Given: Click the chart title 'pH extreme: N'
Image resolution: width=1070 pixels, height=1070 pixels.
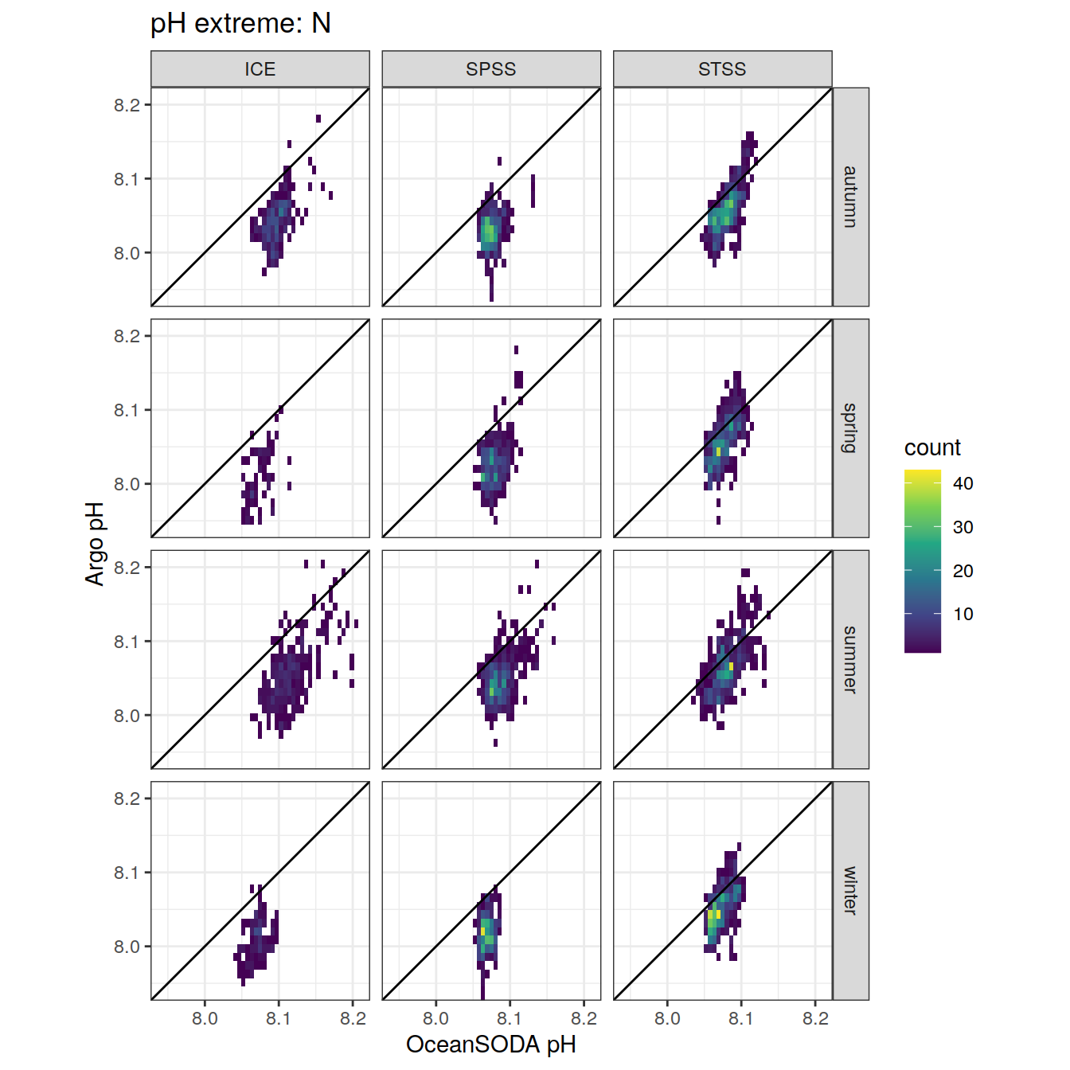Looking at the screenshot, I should click(x=240, y=24).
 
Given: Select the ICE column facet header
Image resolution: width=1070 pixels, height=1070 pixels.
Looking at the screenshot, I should click(x=260, y=69).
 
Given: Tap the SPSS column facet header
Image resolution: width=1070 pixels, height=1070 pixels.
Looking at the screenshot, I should click(x=491, y=69).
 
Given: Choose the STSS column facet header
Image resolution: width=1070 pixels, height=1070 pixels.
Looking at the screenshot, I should click(x=722, y=69).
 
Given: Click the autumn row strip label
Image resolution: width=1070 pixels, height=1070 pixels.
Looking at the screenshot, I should click(x=850, y=197).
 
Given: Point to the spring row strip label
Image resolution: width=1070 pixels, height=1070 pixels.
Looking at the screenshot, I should click(x=850, y=428).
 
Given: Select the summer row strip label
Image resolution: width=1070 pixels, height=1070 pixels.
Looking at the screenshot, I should click(x=850, y=659).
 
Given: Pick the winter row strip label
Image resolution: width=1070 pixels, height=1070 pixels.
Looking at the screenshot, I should click(x=850, y=890).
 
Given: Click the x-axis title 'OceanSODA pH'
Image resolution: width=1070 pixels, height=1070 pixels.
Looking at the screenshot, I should click(x=491, y=1045).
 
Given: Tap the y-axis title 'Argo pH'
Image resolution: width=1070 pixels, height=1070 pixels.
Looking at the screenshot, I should click(x=96, y=544).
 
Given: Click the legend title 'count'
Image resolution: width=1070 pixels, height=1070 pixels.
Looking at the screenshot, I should click(x=932, y=447).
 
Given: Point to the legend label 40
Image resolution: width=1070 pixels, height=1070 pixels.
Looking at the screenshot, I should click(x=963, y=483).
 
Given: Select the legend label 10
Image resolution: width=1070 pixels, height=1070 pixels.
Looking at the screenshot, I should click(x=963, y=614).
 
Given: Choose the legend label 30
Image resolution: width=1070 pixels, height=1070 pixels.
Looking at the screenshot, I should click(x=963, y=527).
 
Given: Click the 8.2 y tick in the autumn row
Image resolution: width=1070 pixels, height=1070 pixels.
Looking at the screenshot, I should click(x=127, y=105).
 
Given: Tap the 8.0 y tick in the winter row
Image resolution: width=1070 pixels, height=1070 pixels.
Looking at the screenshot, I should click(x=127, y=947).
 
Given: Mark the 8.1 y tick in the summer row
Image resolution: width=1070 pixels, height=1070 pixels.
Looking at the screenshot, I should click(x=127, y=642).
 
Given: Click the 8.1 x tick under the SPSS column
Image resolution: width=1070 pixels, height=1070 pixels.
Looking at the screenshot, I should click(x=510, y=1018).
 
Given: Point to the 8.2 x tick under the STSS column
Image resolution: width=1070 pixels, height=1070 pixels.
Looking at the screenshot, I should click(x=815, y=1018).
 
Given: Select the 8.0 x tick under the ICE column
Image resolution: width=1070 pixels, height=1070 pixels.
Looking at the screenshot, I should click(x=205, y=1018).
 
